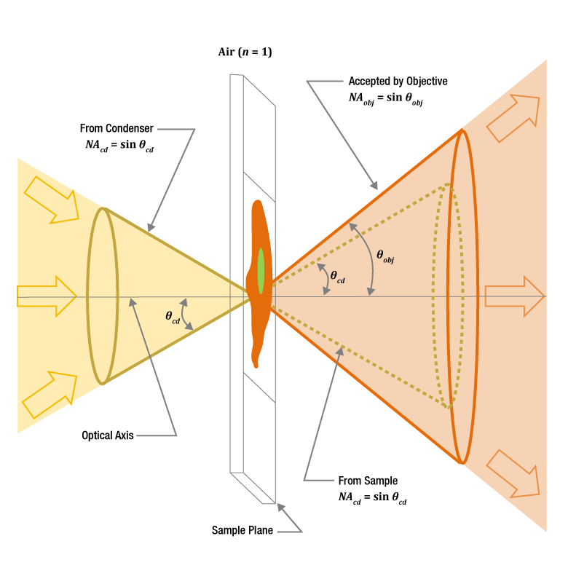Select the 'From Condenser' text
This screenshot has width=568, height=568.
pos(117,129)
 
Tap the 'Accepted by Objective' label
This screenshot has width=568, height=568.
pos(398,81)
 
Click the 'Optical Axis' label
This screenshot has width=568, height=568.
pos(108,435)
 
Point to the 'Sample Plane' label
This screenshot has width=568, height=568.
pos(242,530)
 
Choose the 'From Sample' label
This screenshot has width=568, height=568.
pos(368,481)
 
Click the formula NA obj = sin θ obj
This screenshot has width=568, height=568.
pos(386,98)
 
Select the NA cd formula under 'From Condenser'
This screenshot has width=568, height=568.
pos(120,145)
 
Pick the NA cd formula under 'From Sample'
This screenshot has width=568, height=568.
pos(372,497)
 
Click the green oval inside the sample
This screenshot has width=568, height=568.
pos(261,271)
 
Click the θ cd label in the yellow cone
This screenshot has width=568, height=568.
pos(173,317)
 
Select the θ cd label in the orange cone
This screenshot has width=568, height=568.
pos(338,276)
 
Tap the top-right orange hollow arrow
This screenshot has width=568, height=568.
pos(513,117)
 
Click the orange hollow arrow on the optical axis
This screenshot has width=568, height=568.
pos(514,296)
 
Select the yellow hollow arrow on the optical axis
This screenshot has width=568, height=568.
pos(47,296)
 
